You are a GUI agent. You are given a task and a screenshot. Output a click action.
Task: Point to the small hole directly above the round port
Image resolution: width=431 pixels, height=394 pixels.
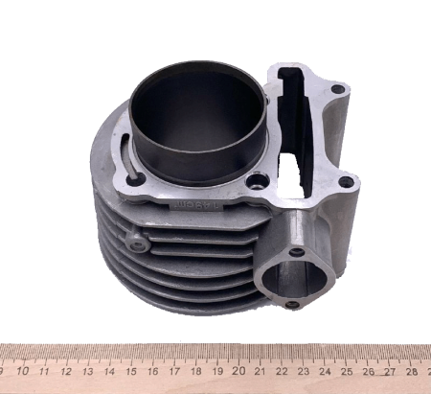pyautogui.click(x=297, y=252)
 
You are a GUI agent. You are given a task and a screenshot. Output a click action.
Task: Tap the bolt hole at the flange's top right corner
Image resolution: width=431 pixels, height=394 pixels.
pyautogui.click(x=337, y=89)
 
